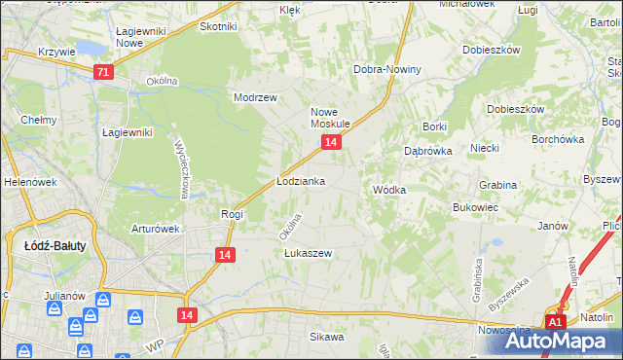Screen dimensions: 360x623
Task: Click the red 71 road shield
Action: [x=104, y=72]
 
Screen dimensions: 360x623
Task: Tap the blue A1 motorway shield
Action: [x=555, y=322]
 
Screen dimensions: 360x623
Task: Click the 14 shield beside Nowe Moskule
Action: [x=331, y=142]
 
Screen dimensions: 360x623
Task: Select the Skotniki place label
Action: [x=219, y=27]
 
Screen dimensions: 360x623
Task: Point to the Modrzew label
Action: [x=256, y=98]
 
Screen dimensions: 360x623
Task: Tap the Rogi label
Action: [x=232, y=214]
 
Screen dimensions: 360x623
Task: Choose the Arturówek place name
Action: [x=157, y=230]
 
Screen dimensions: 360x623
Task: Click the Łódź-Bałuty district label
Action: [x=55, y=246]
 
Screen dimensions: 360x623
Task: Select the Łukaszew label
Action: [x=309, y=253]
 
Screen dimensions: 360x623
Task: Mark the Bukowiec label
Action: [x=476, y=207]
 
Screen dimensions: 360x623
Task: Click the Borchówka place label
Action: [x=559, y=139]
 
